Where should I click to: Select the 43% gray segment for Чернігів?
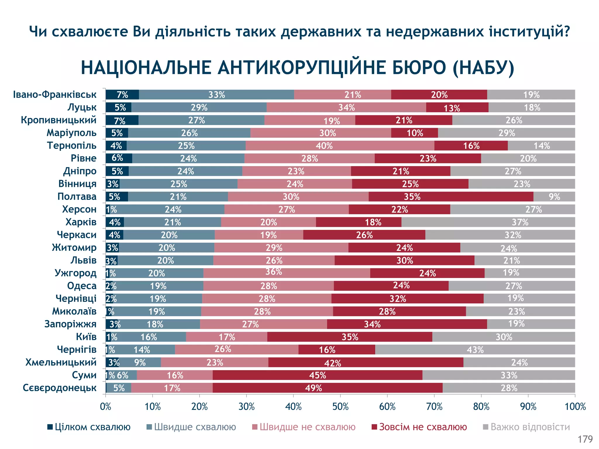475,350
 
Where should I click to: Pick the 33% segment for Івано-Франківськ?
216,95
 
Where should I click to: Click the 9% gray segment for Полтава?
554,197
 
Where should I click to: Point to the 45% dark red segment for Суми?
317,375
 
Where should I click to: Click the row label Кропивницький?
58,120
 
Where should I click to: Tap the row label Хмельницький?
61,362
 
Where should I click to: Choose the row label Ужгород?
75,273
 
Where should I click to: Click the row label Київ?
86,337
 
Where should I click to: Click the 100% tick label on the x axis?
575,407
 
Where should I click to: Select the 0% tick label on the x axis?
106,407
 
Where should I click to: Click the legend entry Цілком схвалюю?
89,427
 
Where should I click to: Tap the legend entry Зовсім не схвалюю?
419,427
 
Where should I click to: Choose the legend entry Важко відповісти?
526,427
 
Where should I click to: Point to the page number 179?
585,439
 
